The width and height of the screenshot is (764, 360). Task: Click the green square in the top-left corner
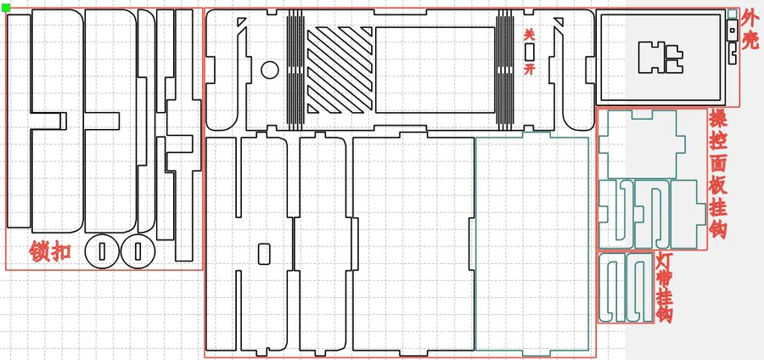(x=6, y=8)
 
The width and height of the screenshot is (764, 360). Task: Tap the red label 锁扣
(x=50, y=252)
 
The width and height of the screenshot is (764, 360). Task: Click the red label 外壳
(x=750, y=31)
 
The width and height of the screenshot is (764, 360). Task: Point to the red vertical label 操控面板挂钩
(x=718, y=173)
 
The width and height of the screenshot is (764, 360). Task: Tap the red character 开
(x=530, y=69)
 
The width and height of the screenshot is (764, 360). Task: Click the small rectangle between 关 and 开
(x=530, y=52)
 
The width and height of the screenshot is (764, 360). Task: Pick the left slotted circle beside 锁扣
(x=102, y=251)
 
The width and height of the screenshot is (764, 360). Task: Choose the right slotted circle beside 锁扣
(x=138, y=251)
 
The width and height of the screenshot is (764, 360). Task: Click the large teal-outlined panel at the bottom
(x=532, y=244)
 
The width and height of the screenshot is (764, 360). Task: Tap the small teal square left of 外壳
(x=732, y=14)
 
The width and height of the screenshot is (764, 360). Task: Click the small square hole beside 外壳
(x=732, y=31)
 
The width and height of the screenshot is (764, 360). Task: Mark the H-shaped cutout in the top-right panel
(x=660, y=58)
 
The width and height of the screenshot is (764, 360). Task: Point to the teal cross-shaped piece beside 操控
(x=643, y=144)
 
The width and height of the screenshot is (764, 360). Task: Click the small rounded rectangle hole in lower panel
(x=264, y=253)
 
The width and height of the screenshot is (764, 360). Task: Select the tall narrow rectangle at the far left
(x=19, y=121)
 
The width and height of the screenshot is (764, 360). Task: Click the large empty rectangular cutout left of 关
(x=435, y=70)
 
